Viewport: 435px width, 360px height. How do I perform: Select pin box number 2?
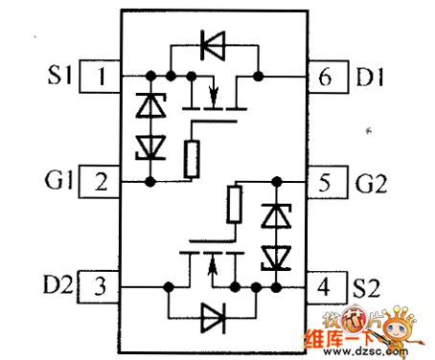pos(100,179)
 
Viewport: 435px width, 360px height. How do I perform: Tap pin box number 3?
pos(100,285)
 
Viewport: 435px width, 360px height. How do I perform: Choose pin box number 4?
pos(326,285)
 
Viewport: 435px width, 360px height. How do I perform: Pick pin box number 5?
pos(326,179)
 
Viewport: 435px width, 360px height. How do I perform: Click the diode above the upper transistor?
pos(213,42)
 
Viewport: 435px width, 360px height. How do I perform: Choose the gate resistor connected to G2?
pos(235,203)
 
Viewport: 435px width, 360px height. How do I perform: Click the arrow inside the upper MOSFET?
pos(213,95)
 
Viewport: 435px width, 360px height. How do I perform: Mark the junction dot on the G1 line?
pos(150,179)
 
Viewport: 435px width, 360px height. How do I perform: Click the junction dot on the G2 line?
pos(276,179)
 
